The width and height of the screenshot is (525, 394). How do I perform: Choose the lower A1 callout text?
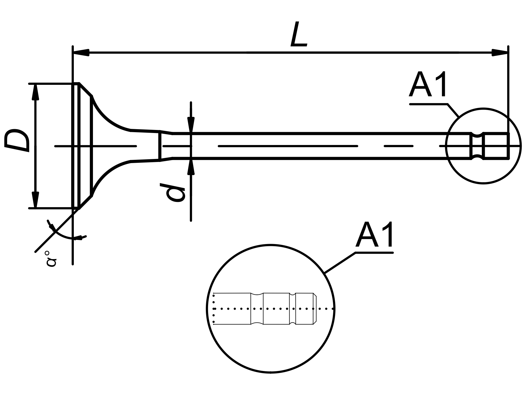click(x=375, y=235)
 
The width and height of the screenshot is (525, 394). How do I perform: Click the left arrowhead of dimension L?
click(x=81, y=52)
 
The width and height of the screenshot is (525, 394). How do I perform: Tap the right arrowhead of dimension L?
click(x=500, y=52)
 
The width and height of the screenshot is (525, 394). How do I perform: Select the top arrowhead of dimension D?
click(x=35, y=92)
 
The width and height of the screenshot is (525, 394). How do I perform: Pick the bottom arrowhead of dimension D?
click(x=35, y=200)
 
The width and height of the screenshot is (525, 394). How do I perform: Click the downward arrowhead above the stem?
click(x=191, y=125)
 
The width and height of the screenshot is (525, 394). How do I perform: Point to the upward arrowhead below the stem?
click(x=191, y=166)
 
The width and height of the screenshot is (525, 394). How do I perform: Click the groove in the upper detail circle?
click(x=477, y=146)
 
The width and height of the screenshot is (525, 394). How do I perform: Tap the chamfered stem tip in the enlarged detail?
click(x=314, y=309)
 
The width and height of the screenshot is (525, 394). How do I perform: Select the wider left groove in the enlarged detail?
click(x=257, y=309)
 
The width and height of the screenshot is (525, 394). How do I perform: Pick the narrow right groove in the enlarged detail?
click(x=293, y=309)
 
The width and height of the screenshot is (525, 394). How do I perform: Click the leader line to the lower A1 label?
click(x=340, y=263)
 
